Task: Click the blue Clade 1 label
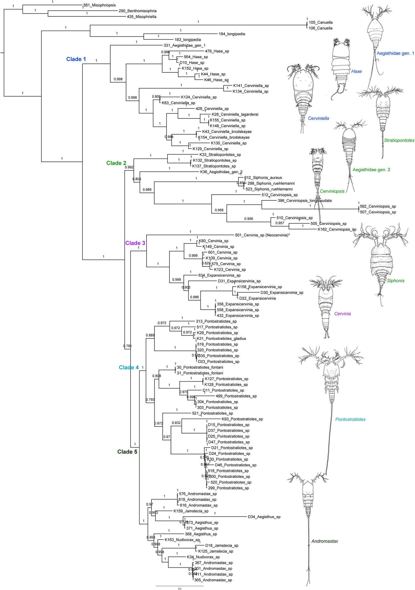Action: tap(76, 59)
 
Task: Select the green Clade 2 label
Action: tap(116, 163)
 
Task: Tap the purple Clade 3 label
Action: tap(135, 243)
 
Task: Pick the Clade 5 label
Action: tap(127, 452)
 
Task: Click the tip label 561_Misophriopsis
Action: tap(100, 5)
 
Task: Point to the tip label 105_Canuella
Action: tap(320, 22)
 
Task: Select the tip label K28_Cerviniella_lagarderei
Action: tap(235, 114)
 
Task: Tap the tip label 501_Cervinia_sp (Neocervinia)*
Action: tap(262, 235)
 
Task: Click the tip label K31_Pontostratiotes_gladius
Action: tap(221, 339)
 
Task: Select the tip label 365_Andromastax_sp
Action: tap(213, 580)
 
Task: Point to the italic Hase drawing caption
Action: tap(356, 71)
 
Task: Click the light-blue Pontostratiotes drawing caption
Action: tap(350, 419)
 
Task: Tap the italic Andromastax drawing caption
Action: tap(325, 541)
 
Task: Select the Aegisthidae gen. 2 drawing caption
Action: tap(371, 170)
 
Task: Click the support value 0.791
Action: tap(127, 346)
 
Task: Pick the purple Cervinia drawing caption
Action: tap(342, 314)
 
